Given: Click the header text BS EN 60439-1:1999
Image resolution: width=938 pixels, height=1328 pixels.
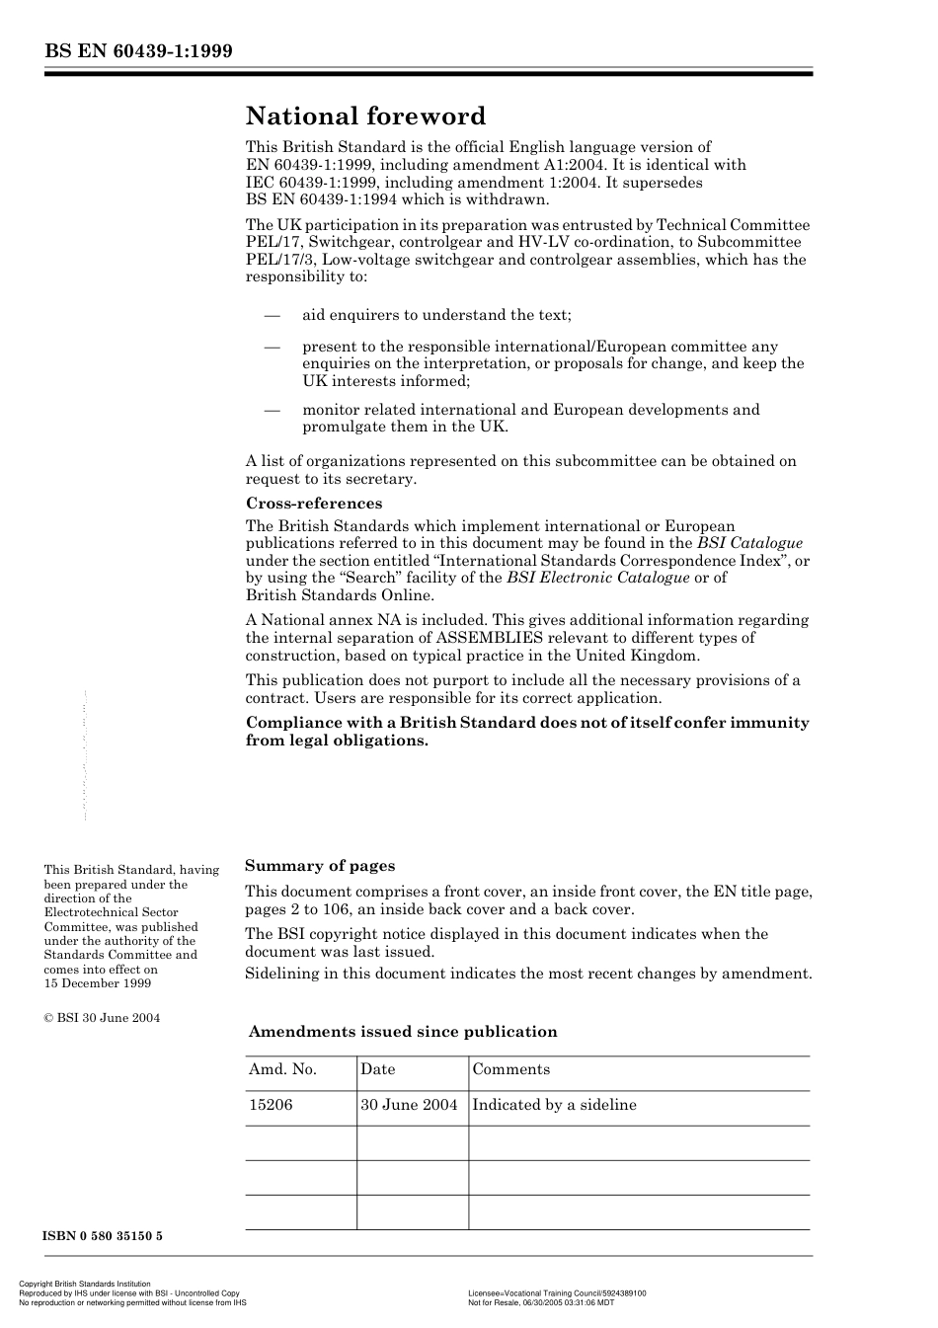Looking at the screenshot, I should tap(138, 51).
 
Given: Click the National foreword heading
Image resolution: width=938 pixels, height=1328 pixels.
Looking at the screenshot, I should tap(365, 117).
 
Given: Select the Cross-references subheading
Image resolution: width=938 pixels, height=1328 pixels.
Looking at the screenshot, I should tap(313, 504).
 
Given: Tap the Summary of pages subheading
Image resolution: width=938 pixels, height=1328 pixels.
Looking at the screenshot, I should tap(320, 866).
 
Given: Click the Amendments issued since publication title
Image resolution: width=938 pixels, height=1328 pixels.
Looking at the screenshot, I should tap(403, 1032).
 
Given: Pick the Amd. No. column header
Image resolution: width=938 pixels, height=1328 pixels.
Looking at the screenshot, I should tap(282, 1069).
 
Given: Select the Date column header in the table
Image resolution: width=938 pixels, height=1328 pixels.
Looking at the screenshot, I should tap(377, 1069).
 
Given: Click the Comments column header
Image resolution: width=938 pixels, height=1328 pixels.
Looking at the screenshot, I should tap(510, 1069).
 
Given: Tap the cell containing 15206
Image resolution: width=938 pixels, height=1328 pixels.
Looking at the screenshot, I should tap(271, 1105).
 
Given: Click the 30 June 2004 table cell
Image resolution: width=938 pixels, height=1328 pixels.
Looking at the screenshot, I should tap(409, 1105).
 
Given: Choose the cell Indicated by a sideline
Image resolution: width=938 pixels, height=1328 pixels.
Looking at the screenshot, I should tap(554, 1105).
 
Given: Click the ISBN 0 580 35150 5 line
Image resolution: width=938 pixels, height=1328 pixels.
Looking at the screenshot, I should tap(103, 1236).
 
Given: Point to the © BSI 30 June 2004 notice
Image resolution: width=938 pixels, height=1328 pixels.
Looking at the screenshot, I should tap(102, 1018).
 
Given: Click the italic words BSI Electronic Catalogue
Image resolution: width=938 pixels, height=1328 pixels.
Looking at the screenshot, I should tap(597, 578).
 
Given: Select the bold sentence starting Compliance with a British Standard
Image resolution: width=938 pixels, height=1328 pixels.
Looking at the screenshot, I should tap(527, 732).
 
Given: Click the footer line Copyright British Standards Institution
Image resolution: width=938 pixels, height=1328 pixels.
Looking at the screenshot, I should tap(85, 1285).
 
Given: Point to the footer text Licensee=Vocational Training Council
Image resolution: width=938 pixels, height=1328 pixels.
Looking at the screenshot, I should tap(557, 1293).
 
